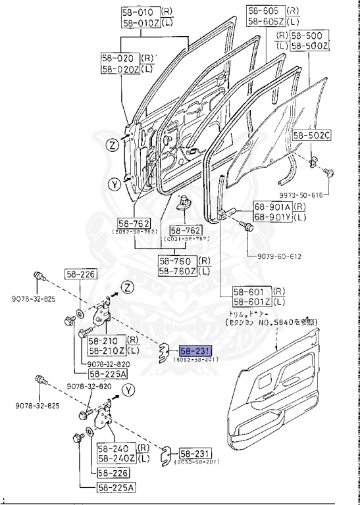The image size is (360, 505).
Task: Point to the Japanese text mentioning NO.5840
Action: [x=272, y=322]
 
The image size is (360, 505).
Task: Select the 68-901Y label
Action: [x=271, y=218]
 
